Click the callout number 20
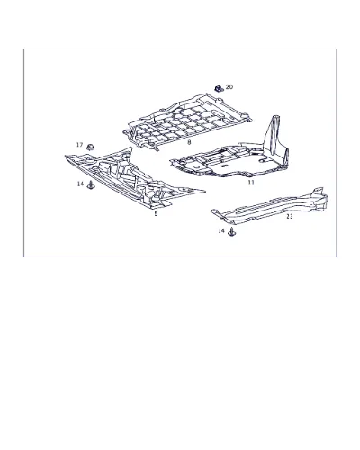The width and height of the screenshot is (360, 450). tap(229, 87)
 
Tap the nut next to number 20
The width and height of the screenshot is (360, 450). tap(219, 88)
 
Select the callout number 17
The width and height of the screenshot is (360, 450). tap(79, 145)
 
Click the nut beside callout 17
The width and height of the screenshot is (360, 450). tap(90, 148)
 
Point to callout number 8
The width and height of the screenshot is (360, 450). tap(189, 142)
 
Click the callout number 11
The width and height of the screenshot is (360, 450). tap(251, 183)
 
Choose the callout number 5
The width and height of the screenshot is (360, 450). tap(156, 214)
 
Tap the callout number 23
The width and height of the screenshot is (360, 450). tap(290, 216)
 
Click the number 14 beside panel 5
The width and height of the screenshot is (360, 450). tap(80, 184)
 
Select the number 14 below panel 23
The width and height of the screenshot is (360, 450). tap(221, 230)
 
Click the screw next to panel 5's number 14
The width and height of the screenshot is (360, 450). tap(91, 185)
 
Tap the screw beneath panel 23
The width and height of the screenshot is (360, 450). tap(231, 232)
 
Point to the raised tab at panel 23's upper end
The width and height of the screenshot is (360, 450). tap(318, 192)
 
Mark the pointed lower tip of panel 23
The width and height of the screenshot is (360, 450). tap(211, 211)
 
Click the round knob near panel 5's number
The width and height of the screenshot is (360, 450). tap(156, 196)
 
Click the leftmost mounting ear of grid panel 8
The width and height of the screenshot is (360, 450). tap(127, 132)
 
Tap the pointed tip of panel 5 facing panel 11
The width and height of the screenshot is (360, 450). tap(204, 191)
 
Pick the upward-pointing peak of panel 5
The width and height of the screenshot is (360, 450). tap(130, 148)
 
